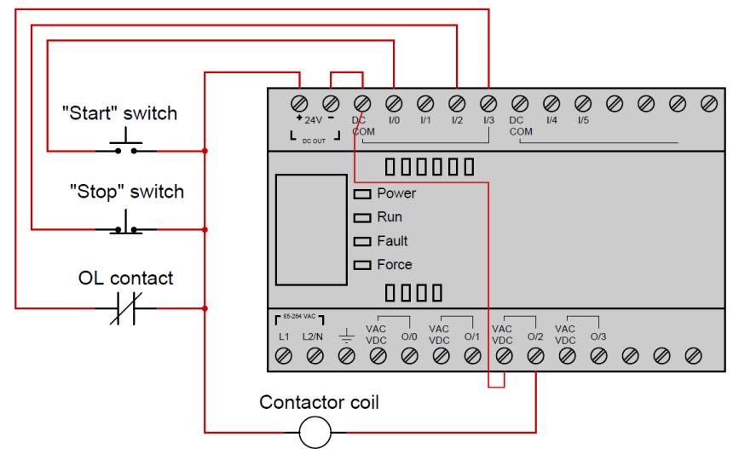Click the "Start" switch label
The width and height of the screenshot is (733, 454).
coord(120,112)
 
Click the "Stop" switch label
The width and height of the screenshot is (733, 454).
coord(127,191)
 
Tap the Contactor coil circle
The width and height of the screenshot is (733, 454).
coord(315,432)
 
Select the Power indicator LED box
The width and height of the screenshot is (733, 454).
coord(362,194)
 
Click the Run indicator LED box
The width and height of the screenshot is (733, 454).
coord(362,218)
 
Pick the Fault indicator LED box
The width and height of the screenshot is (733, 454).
coord(362,242)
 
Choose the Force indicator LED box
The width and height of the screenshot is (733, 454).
coord(362,265)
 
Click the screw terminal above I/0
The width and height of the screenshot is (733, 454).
coord(394,103)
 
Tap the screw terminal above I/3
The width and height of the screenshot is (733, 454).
coord(488,103)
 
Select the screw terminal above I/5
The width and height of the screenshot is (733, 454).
coord(583,103)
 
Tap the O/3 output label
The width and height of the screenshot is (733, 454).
coord(598,336)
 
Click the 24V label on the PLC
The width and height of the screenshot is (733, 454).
coord(314,120)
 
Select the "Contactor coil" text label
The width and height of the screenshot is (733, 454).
coord(320,401)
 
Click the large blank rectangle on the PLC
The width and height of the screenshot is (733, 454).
coord(311,229)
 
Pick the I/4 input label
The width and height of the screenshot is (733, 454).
coord(551,120)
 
